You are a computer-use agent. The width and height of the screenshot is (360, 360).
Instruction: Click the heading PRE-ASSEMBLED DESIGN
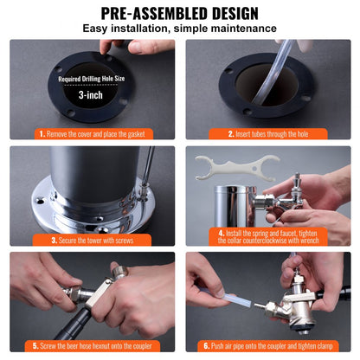pos(179,13)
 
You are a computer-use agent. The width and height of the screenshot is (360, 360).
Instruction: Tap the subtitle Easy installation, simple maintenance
pos(179,29)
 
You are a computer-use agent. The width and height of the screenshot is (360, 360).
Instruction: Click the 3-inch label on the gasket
pos(92,95)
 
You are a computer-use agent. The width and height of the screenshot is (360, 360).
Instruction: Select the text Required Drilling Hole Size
pos(92,79)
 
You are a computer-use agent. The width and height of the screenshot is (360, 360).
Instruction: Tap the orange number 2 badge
pos(230,134)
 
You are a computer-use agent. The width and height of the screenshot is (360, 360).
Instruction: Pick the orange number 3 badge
pos(55,240)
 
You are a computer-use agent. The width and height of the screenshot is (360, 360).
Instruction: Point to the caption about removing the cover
pos(96,134)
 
